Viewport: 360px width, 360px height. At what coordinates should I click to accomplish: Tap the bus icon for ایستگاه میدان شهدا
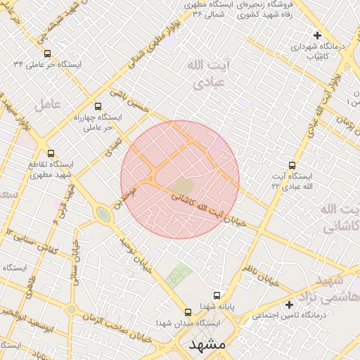tap(188, 312)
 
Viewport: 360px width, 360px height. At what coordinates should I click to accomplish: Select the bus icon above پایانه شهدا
tap(217, 295)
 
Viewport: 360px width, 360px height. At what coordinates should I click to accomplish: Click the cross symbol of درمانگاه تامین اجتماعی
tap(290, 304)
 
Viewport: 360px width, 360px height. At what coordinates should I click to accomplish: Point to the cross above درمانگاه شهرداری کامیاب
tap(317, 35)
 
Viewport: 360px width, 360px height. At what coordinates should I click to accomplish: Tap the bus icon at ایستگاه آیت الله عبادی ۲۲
tap(292, 165)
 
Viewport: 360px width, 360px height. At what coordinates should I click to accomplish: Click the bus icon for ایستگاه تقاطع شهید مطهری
tap(51, 153)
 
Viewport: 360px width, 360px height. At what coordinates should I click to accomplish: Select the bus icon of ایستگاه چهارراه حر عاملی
tap(98, 106)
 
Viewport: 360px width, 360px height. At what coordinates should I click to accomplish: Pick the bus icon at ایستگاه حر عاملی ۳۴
tap(47, 53)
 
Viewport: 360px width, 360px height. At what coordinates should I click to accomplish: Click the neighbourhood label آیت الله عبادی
tap(208, 74)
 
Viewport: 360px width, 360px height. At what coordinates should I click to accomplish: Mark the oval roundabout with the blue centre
tap(103, 214)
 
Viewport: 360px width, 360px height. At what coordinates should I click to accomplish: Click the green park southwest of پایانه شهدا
tap(179, 274)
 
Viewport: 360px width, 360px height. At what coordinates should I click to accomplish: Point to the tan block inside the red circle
tap(183, 186)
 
